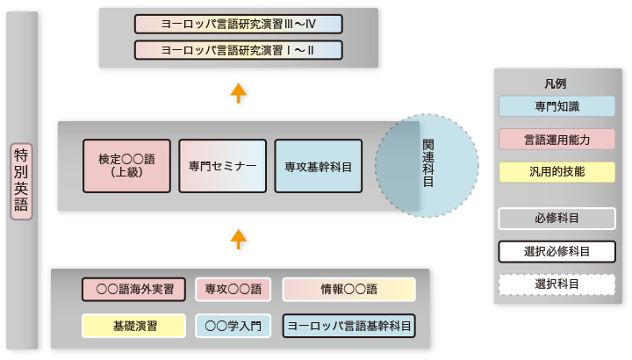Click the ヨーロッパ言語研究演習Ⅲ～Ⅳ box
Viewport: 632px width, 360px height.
(x=239, y=25)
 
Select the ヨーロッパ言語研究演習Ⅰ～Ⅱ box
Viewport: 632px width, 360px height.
(x=239, y=50)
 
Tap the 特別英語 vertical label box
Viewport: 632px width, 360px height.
(x=21, y=182)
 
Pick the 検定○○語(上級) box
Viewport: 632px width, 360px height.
(x=126, y=166)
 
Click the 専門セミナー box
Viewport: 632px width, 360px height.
(x=222, y=166)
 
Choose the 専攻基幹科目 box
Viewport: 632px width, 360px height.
(x=319, y=166)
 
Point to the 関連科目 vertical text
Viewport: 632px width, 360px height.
(x=428, y=163)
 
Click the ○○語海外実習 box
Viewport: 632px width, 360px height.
(x=133, y=289)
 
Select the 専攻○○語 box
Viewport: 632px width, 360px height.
(x=233, y=289)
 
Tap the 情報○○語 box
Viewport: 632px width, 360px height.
(x=349, y=289)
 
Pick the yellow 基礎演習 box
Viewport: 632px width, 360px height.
(x=133, y=326)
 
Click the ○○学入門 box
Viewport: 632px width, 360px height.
(x=233, y=326)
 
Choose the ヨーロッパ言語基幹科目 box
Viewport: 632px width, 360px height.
(x=349, y=326)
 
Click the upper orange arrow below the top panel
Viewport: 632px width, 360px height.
(x=239, y=93)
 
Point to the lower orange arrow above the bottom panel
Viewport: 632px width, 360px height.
(x=239, y=240)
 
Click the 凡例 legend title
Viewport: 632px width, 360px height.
(x=556, y=83)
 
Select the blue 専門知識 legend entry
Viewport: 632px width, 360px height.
(x=557, y=106)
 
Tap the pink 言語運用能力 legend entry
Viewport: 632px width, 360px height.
(x=557, y=140)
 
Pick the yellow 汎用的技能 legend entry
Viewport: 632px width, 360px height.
(x=557, y=172)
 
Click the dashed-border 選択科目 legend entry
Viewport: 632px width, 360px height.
(x=557, y=284)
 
